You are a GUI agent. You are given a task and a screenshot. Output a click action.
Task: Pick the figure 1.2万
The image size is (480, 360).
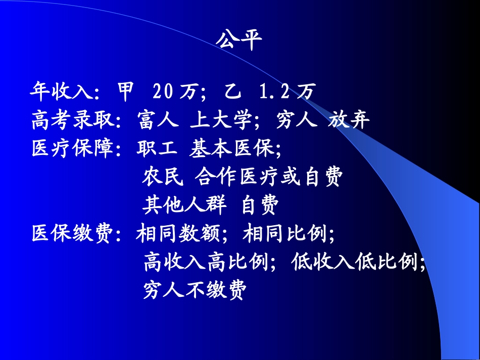point(286,92)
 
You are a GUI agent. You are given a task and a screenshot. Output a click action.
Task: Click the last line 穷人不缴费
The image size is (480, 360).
point(195,290)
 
